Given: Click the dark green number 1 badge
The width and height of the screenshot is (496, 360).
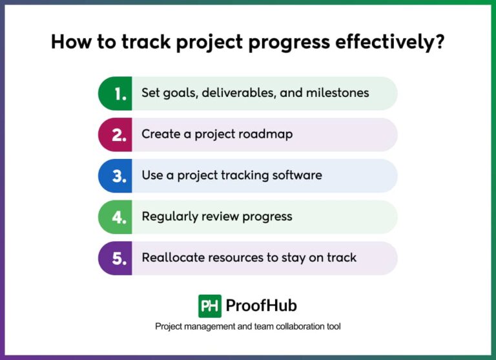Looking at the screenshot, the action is click(x=115, y=94).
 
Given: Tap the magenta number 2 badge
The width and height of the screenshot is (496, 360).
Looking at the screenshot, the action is click(x=115, y=134).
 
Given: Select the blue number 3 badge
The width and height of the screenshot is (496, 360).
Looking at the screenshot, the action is click(x=115, y=176).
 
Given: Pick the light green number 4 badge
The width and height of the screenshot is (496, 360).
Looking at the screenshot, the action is click(x=115, y=217).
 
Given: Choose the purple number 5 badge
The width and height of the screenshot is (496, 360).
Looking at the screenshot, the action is click(x=115, y=258).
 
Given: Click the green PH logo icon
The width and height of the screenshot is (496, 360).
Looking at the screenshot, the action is click(x=210, y=306).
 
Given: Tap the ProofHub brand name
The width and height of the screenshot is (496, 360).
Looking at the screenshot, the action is click(x=262, y=306).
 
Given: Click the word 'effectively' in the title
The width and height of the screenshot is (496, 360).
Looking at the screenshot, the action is click(x=386, y=42).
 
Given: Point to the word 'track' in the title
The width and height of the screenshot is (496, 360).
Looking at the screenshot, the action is click(x=146, y=41).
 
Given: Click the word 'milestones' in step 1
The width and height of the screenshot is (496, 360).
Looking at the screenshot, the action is click(x=338, y=93).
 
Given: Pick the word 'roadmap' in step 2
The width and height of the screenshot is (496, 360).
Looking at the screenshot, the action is click(x=265, y=134).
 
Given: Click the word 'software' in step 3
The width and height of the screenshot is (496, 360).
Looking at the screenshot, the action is click(x=297, y=175).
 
